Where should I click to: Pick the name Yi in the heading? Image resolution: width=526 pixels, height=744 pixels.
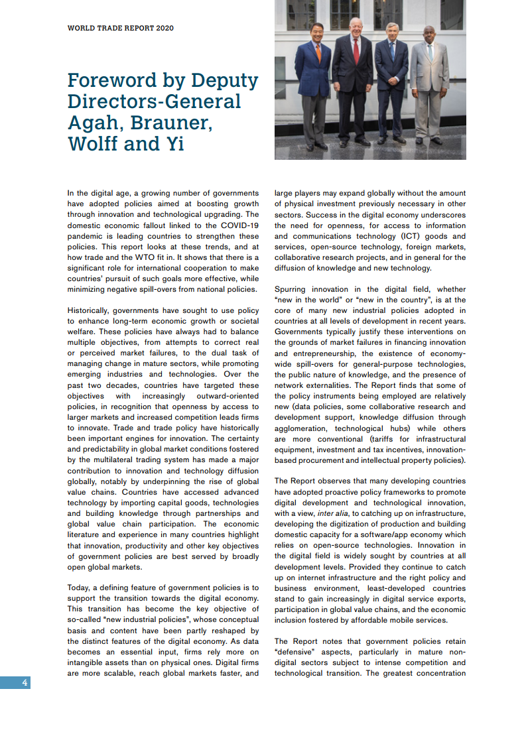pyautogui.click(x=175, y=144)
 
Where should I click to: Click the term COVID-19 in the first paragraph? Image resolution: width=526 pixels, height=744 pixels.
pyautogui.click(x=238, y=225)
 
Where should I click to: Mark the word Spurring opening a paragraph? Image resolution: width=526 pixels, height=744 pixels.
pyautogui.click(x=293, y=289)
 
